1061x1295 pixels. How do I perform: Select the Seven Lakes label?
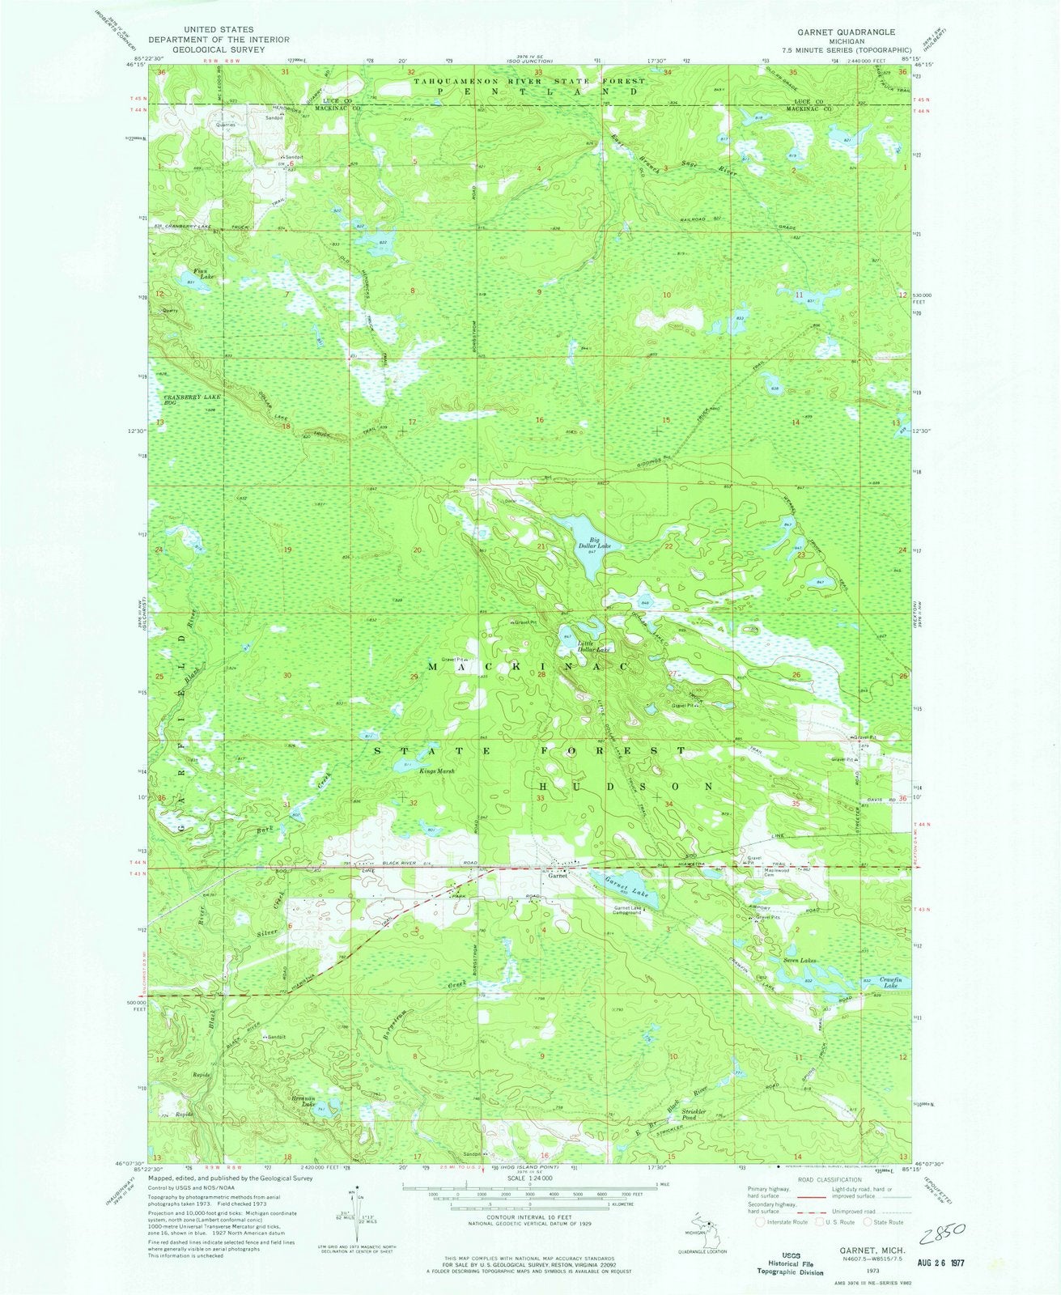point(799,961)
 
